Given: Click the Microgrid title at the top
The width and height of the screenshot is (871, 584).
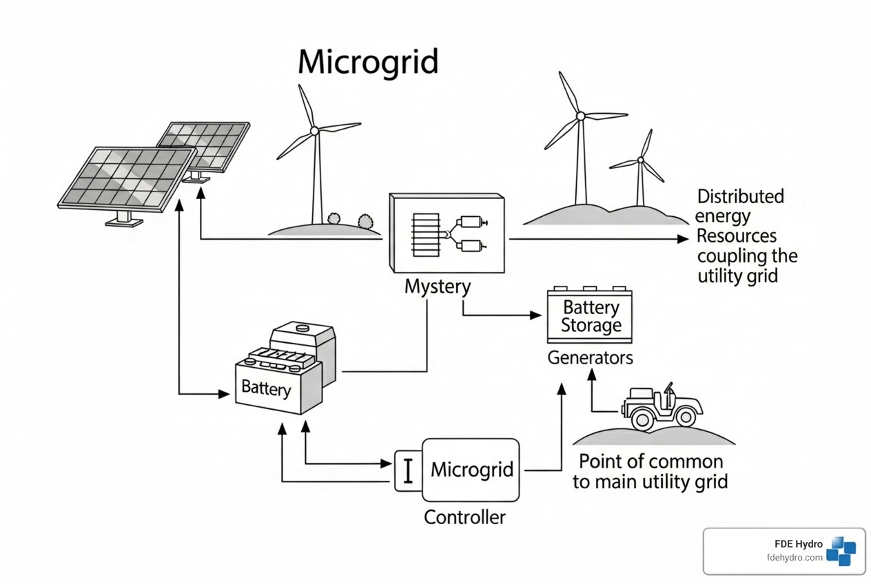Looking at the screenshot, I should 367,63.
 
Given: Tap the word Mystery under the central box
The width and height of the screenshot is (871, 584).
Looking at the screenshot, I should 437,286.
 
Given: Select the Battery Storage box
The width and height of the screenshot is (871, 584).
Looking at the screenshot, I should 589,316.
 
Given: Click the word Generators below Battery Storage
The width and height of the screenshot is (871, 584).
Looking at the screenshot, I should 590,358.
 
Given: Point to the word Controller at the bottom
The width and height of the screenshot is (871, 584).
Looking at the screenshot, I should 464,517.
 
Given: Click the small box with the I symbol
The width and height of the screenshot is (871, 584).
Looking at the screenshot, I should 408,471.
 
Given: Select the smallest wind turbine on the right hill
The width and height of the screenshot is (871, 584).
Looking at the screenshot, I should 641,165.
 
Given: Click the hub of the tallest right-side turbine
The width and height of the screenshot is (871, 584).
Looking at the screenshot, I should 581,116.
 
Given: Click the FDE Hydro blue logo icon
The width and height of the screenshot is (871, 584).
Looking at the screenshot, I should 841,550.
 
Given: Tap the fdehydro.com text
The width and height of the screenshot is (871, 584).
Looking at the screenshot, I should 794,557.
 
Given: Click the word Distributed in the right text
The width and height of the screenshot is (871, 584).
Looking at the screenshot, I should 740,197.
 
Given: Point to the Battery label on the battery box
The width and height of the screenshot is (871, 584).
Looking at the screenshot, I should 266,388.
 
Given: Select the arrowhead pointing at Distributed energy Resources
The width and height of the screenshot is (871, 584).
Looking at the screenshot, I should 683,239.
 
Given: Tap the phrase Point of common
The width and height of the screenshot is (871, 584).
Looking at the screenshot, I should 650,461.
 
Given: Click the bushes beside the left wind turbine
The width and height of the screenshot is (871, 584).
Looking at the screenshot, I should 349,220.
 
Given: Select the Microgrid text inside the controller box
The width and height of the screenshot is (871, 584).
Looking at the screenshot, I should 472,470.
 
